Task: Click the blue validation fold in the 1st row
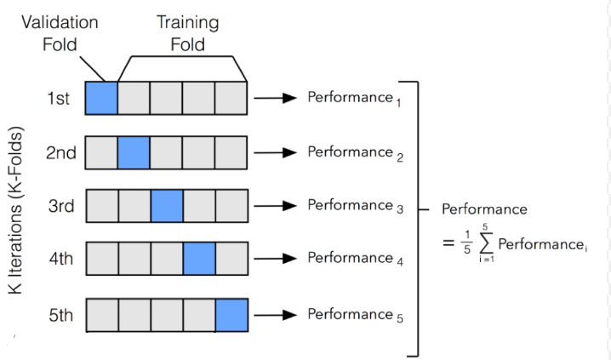[101, 98]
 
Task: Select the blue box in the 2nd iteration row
[134, 152]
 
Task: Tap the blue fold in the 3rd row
[166, 206]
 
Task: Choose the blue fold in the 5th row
[231, 313]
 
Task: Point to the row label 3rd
[61, 206]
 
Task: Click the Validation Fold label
[60, 32]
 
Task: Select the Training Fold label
[187, 32]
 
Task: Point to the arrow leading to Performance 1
[275, 98]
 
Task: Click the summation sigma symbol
[484, 244]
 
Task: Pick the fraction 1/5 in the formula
[465, 244]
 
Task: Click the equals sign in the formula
[448, 244]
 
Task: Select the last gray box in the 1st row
[231, 98]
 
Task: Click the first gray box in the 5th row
[101, 313]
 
